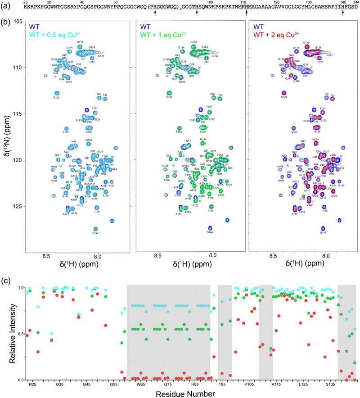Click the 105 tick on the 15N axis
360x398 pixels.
pos(20,21)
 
